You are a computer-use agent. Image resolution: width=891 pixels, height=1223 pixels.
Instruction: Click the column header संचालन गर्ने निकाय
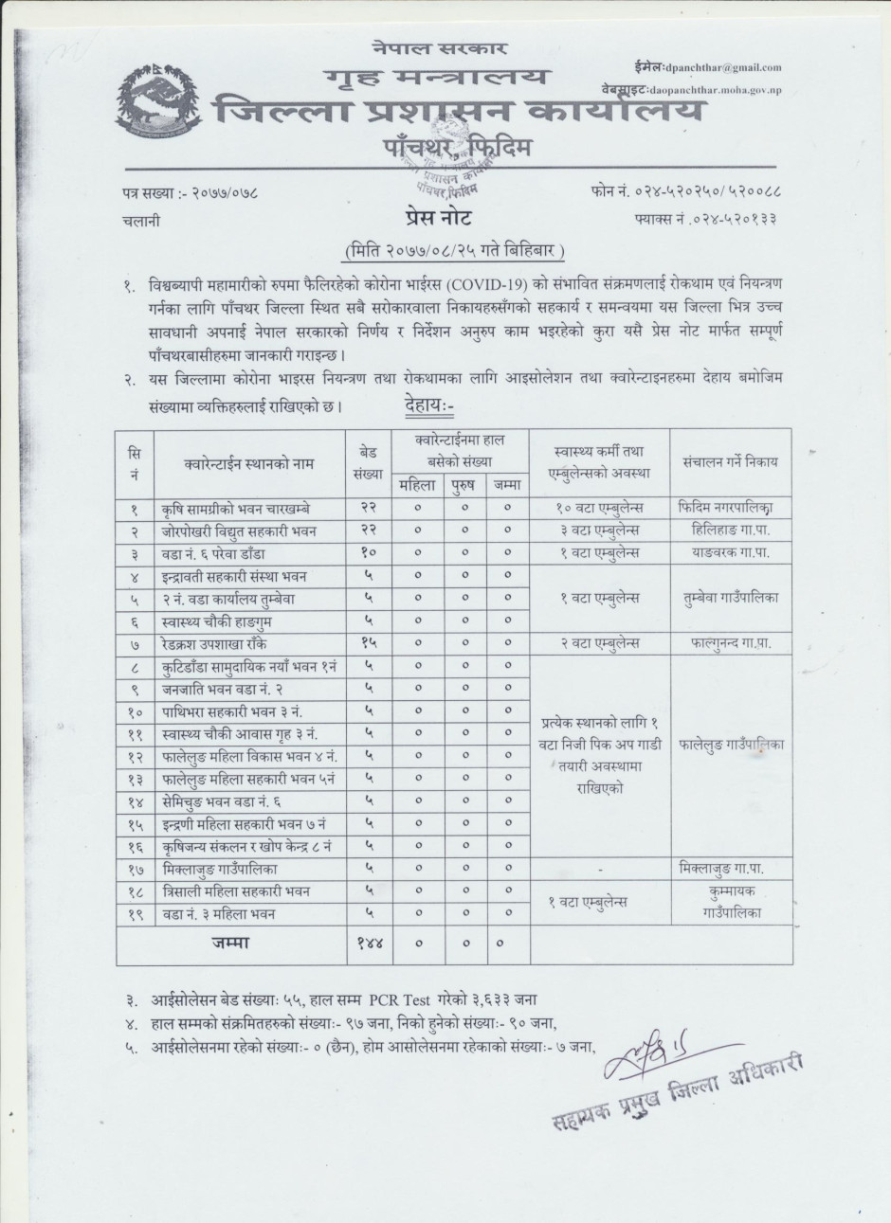coord(730,462)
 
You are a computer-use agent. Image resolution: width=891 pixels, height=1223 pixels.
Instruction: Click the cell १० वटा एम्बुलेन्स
coord(599,508)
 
